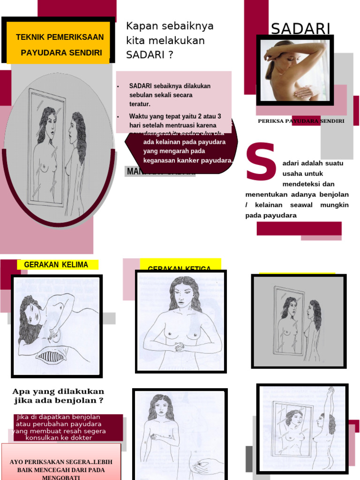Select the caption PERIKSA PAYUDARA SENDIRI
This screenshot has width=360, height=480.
(301, 121)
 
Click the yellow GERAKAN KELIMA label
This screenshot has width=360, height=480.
(56, 265)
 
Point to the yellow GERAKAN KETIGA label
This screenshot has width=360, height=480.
(179, 268)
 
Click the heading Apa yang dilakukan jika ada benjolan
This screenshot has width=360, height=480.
(58, 396)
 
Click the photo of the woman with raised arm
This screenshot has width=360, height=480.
(294, 70)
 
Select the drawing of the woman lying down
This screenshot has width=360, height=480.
(56, 326)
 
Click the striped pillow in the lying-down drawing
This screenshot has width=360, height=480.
(52, 357)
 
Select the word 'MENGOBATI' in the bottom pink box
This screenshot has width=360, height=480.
(61, 476)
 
